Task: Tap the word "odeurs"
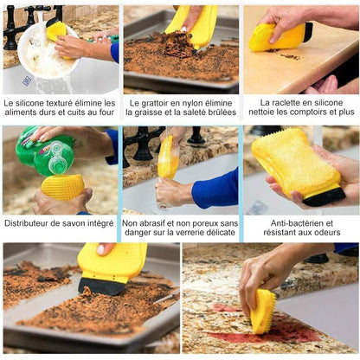coord(322,233)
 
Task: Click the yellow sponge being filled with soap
coord(63,186)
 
